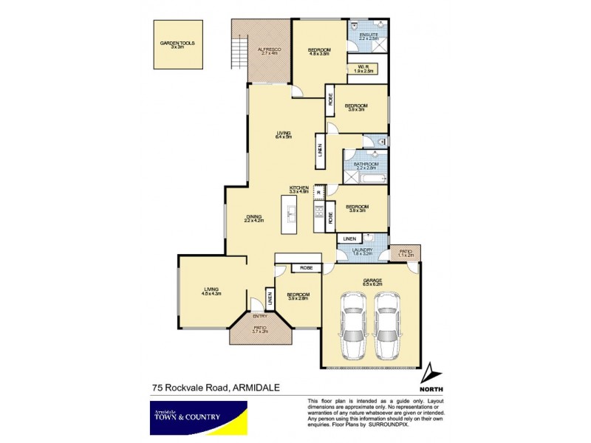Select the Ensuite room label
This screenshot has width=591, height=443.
[369, 37]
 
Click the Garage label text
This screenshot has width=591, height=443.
[371, 281]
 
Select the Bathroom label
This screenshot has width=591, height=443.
[366, 165]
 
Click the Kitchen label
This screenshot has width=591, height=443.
[298, 190]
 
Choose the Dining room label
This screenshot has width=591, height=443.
[253, 218]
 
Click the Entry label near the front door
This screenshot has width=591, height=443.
[259, 317]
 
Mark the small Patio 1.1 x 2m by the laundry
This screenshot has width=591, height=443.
[405, 253]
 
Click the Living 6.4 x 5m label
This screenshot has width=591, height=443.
[284, 134]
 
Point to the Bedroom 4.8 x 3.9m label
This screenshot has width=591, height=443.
[319, 52]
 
